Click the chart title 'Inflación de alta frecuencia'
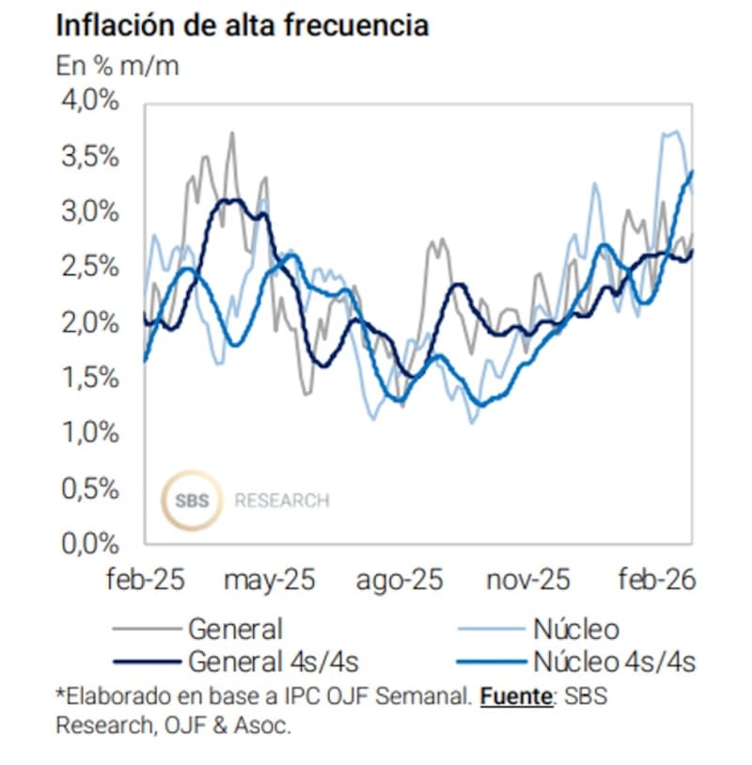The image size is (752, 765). (243, 25)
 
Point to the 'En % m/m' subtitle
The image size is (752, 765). (117, 67)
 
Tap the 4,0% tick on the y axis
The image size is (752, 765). (92, 100)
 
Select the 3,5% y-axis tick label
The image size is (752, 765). (92, 155)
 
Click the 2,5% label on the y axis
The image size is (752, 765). (92, 266)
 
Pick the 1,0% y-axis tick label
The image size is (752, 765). (92, 432)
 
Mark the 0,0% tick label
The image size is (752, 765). (92, 543)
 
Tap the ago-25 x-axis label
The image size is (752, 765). (399, 580)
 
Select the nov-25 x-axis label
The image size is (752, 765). (527, 580)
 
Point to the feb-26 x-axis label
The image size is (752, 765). (656, 580)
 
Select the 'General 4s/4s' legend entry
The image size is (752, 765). (273, 662)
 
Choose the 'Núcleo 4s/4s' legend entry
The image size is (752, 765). (613, 662)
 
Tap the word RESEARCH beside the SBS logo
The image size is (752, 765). (282, 501)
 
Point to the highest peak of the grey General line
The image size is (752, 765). (231, 133)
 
